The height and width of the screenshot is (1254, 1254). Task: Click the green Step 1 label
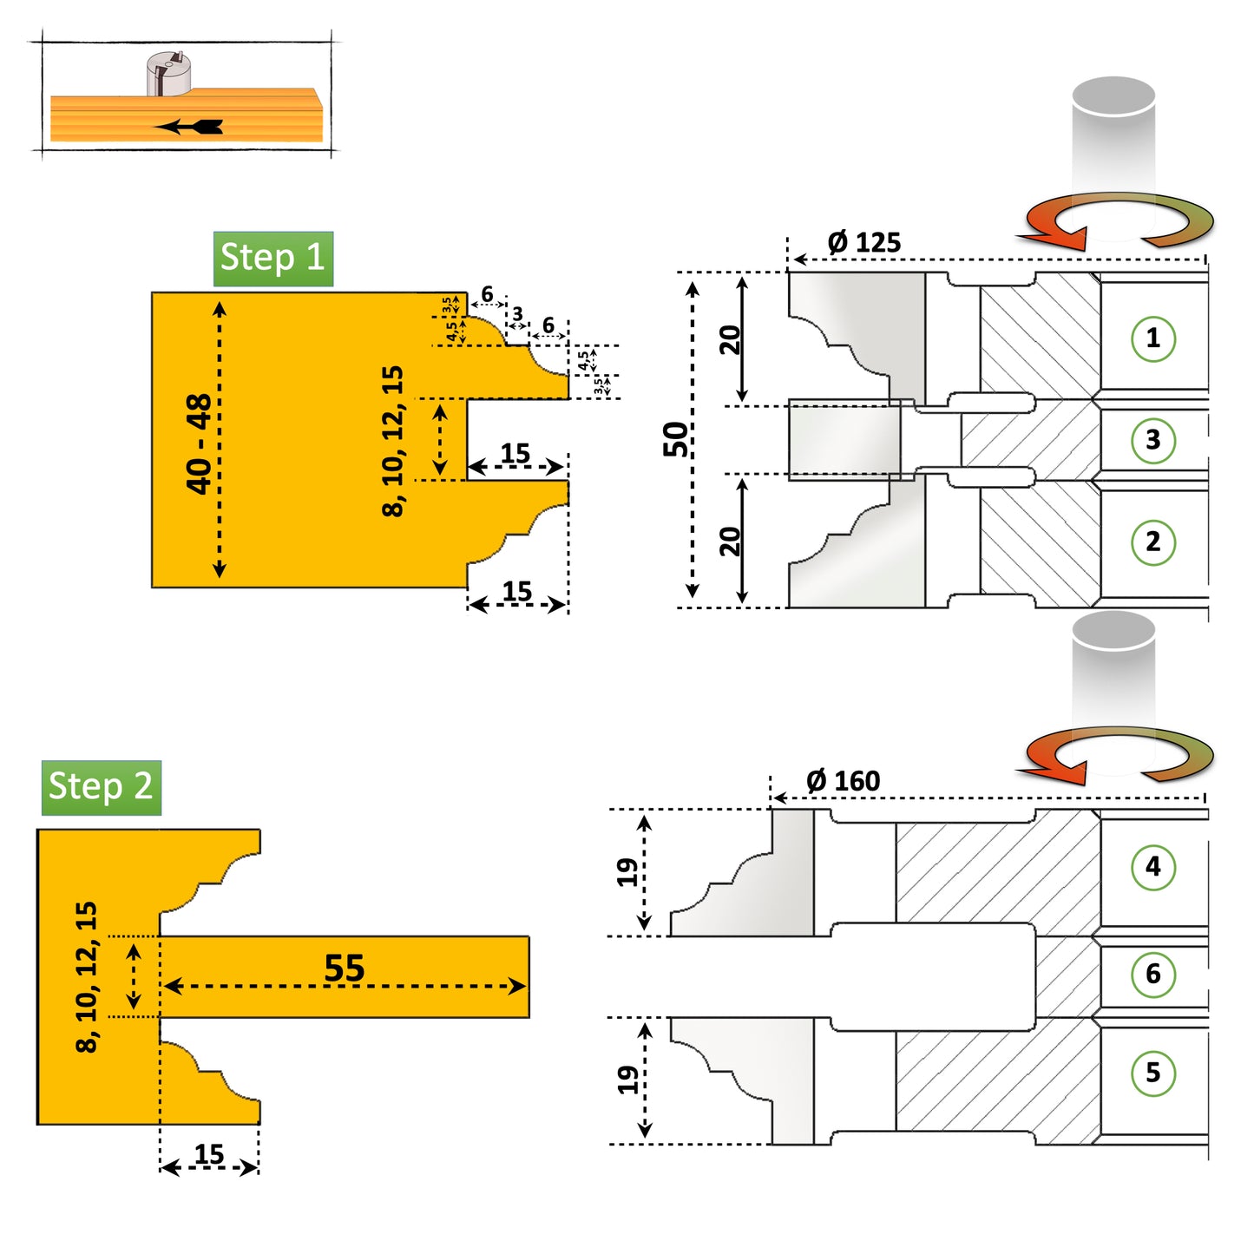pyautogui.click(x=273, y=259)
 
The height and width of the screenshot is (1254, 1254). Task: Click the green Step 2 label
pyautogui.click(x=101, y=787)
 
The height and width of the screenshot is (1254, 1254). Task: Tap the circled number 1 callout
pyautogui.click(x=1152, y=338)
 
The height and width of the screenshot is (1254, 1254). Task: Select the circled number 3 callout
pyautogui.click(x=1152, y=440)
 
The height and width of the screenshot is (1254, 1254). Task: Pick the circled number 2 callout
pyautogui.click(x=1152, y=542)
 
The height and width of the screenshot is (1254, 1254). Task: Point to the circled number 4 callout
pyautogui.click(x=1152, y=867)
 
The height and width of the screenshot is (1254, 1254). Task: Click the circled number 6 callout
pyautogui.click(x=1152, y=975)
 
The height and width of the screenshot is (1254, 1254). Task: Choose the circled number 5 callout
pyautogui.click(x=1152, y=1073)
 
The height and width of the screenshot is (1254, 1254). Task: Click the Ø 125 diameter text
pyautogui.click(x=864, y=243)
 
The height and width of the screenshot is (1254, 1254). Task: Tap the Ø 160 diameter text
pyautogui.click(x=844, y=781)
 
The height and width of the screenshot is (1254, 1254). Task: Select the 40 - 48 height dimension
pyautogui.click(x=199, y=443)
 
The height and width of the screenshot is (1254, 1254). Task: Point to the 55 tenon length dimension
pyautogui.click(x=345, y=968)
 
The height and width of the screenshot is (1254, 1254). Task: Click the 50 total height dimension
pyautogui.click(x=675, y=439)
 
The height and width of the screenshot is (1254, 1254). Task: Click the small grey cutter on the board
pyautogui.click(x=168, y=74)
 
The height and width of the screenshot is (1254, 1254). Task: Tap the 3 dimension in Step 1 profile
pyautogui.click(x=517, y=314)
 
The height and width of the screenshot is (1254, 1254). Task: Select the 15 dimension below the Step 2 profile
pyautogui.click(x=209, y=1154)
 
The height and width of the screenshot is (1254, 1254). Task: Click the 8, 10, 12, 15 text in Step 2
pyautogui.click(x=87, y=977)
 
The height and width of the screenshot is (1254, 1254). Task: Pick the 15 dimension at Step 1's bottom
pyautogui.click(x=517, y=592)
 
